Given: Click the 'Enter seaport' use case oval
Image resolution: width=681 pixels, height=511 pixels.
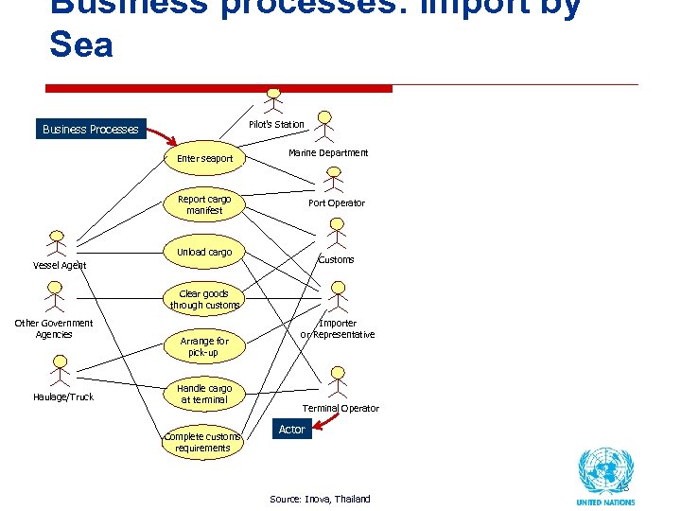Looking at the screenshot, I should pyautogui.click(x=204, y=158).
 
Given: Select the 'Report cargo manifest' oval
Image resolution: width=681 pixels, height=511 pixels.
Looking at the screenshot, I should pyautogui.click(x=204, y=204).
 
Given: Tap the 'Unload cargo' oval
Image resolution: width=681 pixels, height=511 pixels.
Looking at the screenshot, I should pyautogui.click(x=204, y=252).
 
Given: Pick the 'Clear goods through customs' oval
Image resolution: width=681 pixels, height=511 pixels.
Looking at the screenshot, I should pyautogui.click(x=204, y=299).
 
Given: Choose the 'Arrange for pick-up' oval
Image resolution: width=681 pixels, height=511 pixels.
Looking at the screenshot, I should pyautogui.click(x=204, y=346).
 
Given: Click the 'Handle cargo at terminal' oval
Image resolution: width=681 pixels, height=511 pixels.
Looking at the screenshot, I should pyautogui.click(x=204, y=394).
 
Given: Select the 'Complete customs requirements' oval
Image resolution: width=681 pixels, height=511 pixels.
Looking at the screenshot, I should pyautogui.click(x=202, y=442).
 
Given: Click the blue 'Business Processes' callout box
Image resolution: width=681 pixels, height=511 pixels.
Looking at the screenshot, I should pyautogui.click(x=91, y=130).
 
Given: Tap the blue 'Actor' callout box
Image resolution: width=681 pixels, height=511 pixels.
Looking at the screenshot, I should pyautogui.click(x=291, y=430).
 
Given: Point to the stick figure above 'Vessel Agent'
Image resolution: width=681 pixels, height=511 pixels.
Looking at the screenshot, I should pyautogui.click(x=58, y=243).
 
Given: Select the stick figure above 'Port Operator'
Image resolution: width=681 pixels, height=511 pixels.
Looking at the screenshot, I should pyautogui.click(x=333, y=180).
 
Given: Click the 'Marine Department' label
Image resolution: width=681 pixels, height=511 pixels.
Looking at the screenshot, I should pyautogui.click(x=328, y=152).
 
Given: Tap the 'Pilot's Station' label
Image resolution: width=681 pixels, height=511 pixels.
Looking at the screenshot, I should pyautogui.click(x=276, y=124).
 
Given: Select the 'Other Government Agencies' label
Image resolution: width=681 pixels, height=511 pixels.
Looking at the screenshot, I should pyautogui.click(x=54, y=328).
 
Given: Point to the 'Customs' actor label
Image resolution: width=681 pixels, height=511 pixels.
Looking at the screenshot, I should pyautogui.click(x=336, y=259).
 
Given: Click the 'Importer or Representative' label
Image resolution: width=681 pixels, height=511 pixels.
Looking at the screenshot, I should pyautogui.click(x=338, y=328).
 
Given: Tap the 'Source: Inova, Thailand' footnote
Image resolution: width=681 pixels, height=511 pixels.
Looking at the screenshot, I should pyautogui.click(x=320, y=499).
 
